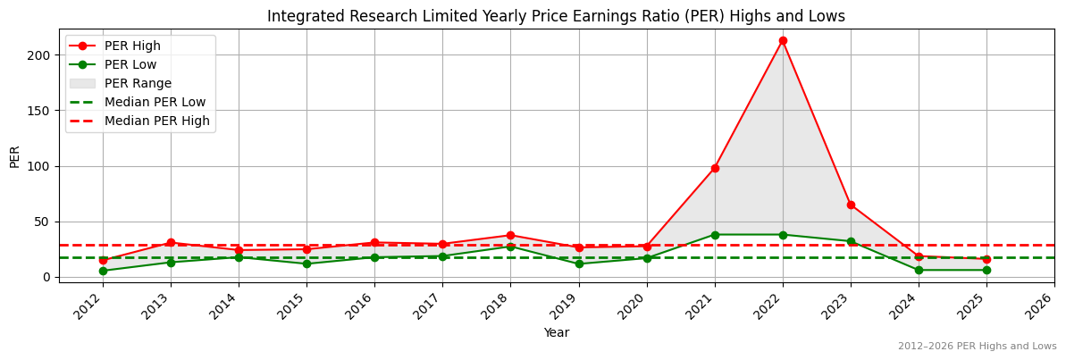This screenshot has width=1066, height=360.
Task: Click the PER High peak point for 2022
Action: pyautogui.click(x=783, y=40)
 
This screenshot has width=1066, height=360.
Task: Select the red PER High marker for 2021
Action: pyautogui.click(x=715, y=168)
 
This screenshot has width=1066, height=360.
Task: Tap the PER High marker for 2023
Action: pyautogui.click(x=851, y=205)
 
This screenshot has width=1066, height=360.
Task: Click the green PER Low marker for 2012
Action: pyautogui.click(x=103, y=271)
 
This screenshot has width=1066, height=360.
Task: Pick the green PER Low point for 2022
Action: pyautogui.click(x=783, y=235)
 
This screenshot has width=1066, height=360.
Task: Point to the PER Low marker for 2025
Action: pyautogui.click(x=986, y=270)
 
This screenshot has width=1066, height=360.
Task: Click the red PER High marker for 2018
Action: pyautogui.click(x=510, y=236)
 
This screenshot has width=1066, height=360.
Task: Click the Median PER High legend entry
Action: pyautogui.click(x=156, y=121)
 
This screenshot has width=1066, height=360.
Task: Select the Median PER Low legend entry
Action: pyautogui.click(x=155, y=102)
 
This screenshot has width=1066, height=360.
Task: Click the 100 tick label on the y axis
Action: pyautogui.click(x=43, y=166)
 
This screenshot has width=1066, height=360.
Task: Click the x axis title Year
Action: pyautogui.click(x=556, y=333)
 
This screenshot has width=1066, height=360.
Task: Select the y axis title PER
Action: pyautogui.click(x=14, y=155)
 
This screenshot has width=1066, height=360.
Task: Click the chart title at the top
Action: pyautogui.click(x=556, y=16)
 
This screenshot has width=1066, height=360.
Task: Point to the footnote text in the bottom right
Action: pyautogui.click(x=977, y=347)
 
